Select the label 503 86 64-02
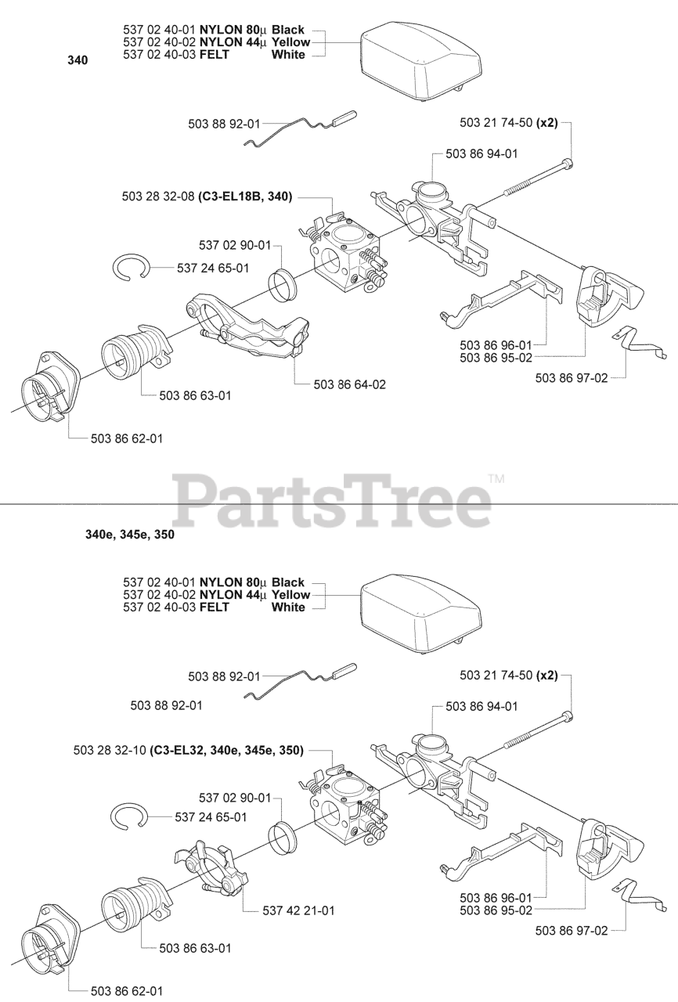(349, 384)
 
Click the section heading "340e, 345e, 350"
(129, 536)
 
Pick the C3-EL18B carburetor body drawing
(344, 254)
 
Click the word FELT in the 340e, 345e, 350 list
(215, 607)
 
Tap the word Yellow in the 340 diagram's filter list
(290, 41)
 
